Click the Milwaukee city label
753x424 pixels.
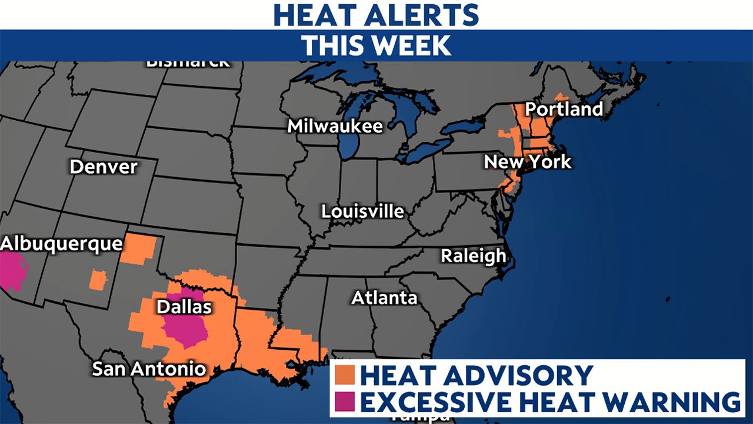(x=335, y=126)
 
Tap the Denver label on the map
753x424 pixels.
(x=103, y=167)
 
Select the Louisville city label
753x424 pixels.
(x=362, y=211)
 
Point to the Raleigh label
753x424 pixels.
(x=473, y=256)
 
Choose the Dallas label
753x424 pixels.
(x=184, y=307)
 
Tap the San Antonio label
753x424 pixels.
(x=149, y=369)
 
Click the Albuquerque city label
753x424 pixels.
(x=61, y=243)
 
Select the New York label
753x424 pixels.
(x=527, y=161)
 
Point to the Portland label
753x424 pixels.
(x=564, y=109)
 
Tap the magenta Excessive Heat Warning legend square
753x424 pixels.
(x=345, y=402)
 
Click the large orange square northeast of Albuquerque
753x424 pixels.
(x=139, y=248)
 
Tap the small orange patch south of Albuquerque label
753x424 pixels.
(x=98, y=280)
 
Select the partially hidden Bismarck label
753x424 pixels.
(x=188, y=63)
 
